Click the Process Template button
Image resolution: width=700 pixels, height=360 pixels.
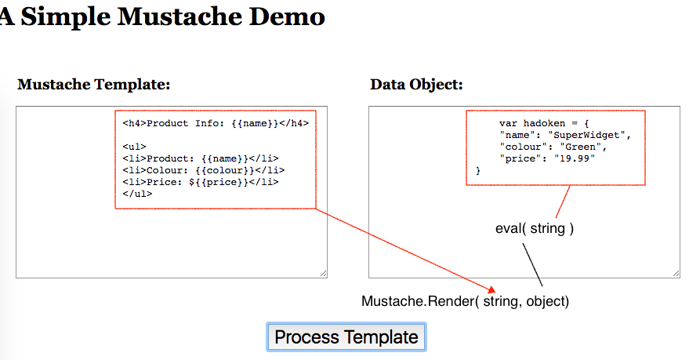coord(346,336)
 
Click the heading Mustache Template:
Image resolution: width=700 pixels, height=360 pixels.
coord(94,84)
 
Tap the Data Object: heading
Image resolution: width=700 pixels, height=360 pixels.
coord(416,84)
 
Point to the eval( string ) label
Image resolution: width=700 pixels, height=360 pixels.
coord(535,228)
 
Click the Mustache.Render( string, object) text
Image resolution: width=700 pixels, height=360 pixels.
coord(465,301)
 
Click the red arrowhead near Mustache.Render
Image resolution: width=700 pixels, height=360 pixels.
coord(492,290)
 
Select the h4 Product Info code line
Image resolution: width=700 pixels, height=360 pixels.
coord(216,123)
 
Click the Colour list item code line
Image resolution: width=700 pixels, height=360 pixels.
coord(204,170)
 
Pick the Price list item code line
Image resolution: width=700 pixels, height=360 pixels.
coord(201,182)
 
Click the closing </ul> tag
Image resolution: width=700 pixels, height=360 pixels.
coord(137,194)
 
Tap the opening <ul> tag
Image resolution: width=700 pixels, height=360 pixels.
coord(134,147)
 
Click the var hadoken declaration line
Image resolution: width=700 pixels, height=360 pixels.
coord(544,123)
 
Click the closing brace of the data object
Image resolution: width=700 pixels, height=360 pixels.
coord(478,170)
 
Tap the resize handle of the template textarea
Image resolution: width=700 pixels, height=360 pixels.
coord(323,274)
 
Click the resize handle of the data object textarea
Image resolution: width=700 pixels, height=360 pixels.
coord(676,274)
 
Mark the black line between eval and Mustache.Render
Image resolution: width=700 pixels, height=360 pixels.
coord(532,264)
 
